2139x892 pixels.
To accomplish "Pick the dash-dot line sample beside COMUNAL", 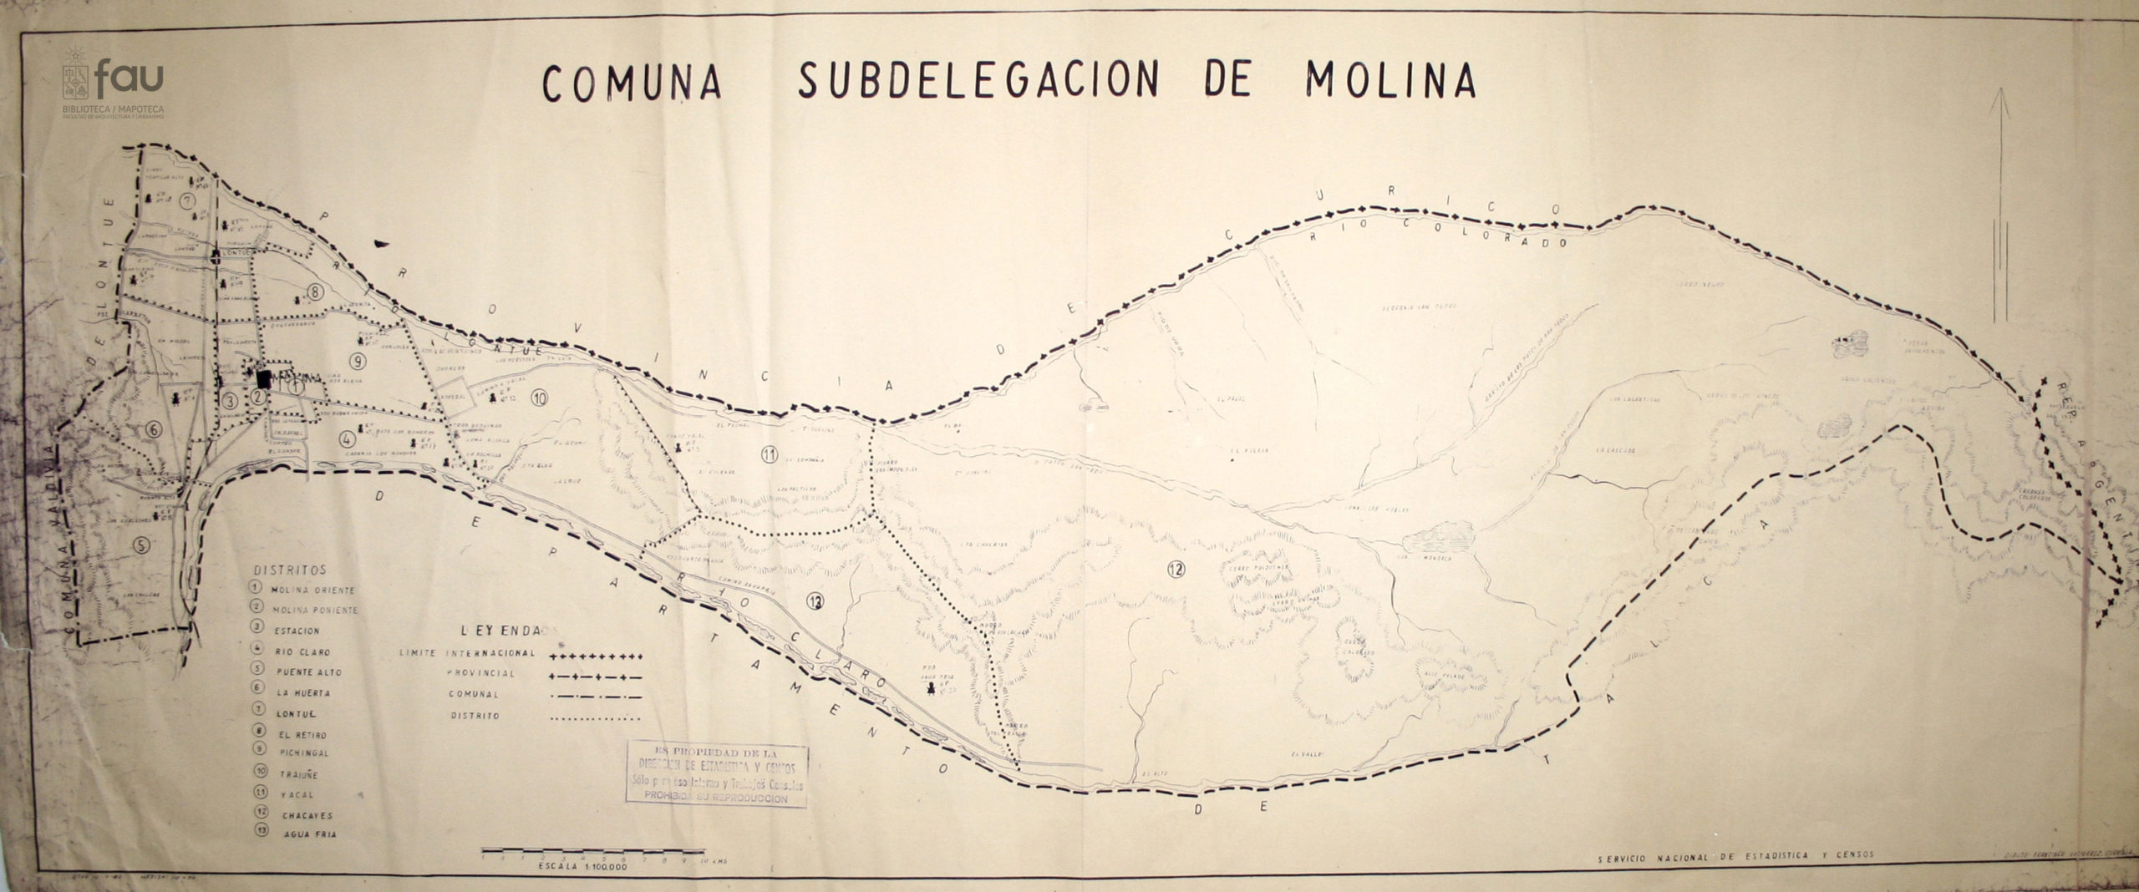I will point(596,695).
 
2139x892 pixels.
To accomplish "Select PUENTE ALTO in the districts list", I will point(307,672).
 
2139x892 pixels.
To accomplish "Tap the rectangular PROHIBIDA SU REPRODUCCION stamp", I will point(719,774).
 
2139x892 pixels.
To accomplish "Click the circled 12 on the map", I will point(1176,570).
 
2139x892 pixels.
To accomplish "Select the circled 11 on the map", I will point(770,454).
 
